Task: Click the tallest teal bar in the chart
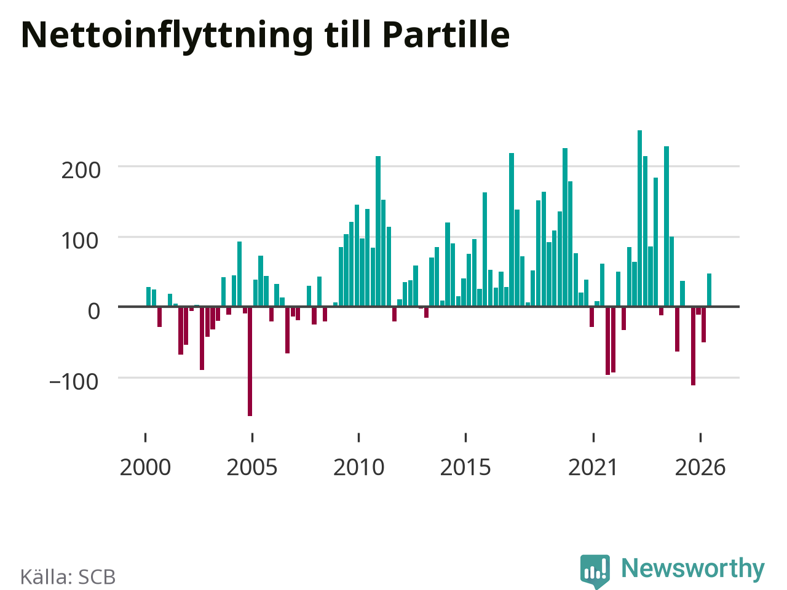click(x=639, y=218)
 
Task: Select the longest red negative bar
click(x=250, y=361)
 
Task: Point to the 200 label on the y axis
click(x=81, y=170)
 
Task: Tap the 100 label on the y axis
click(x=80, y=241)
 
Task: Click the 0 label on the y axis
click(x=94, y=312)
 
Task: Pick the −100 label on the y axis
click(x=74, y=382)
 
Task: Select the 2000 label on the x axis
click(x=145, y=468)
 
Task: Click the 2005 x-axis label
click(x=252, y=468)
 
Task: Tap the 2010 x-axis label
click(x=359, y=468)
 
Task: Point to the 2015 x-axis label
click(x=465, y=468)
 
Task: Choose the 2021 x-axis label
click(x=593, y=468)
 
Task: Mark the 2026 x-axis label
click(x=700, y=468)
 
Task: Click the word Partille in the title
click(x=446, y=34)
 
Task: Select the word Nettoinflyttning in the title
click(x=167, y=37)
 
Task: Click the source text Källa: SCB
click(x=68, y=576)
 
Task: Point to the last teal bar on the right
click(x=709, y=290)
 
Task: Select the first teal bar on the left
click(x=148, y=297)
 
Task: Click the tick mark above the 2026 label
click(x=700, y=438)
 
